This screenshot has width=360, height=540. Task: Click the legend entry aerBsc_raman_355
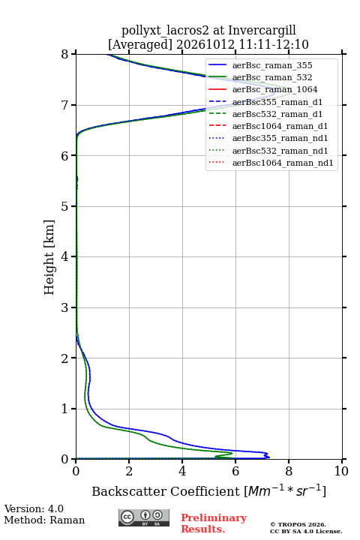[272, 65]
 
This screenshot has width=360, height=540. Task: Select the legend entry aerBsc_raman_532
[272, 77]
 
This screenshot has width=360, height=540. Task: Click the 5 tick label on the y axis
[65, 206]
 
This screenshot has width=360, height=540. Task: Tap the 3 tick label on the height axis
[65, 307]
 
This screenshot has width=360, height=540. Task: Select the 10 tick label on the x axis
[341, 471]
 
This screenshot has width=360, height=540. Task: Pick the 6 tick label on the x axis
[235, 471]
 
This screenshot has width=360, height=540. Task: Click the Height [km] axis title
[49, 257]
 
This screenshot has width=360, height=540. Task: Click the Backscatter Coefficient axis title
[208, 490]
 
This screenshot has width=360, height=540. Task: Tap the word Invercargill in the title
[262, 31]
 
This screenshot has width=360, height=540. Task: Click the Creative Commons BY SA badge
[144, 517]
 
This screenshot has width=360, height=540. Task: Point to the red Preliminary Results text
[214, 523]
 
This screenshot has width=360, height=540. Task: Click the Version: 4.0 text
[34, 508]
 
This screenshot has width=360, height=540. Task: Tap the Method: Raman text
[44, 520]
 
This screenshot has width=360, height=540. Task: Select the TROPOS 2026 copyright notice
[306, 527]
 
